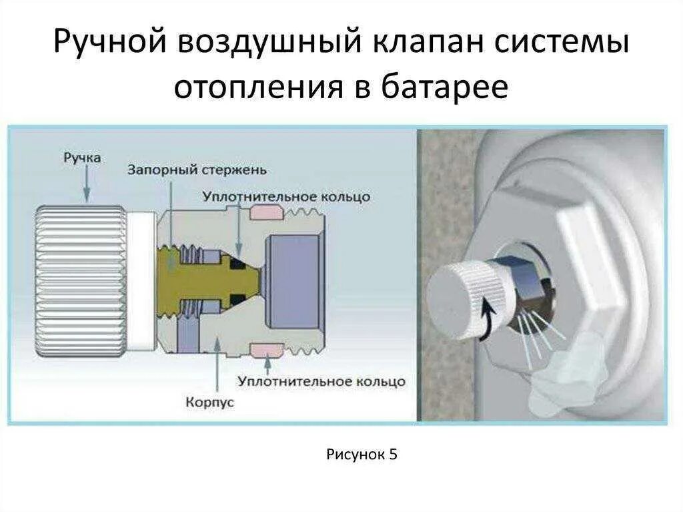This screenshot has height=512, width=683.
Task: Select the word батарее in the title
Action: pos(445,88)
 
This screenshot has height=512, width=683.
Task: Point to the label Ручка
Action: pos(82,159)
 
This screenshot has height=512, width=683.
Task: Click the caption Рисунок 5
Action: pos(362,455)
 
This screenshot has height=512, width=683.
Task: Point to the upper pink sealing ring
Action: pos(266,212)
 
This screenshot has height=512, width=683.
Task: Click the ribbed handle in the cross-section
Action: pos(80,280)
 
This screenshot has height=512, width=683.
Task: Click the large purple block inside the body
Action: pos(285,280)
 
